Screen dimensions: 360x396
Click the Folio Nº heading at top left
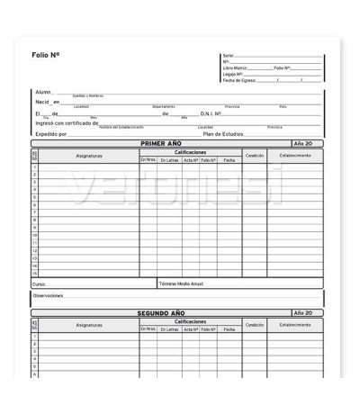coord(46,56)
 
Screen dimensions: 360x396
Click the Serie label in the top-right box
coord(227,56)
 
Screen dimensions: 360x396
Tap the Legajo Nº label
coord(232,74)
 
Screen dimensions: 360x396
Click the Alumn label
coord(43,93)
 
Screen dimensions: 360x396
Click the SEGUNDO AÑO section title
coord(161,313)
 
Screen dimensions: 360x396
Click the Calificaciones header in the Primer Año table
coord(190,151)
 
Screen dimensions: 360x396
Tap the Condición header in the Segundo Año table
coord(254,324)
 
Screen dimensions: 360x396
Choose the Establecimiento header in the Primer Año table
coord(295,155)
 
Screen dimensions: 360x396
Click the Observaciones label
coord(49,295)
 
